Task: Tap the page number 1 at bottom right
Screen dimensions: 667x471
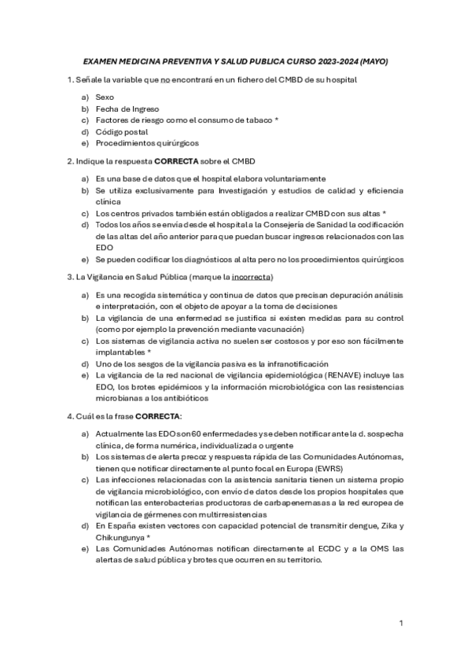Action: pos(400,623)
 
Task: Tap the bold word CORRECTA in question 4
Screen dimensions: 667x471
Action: pos(158,415)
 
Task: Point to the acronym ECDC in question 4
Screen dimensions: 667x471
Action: pos(305,549)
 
